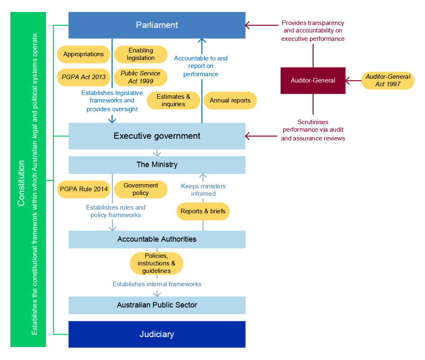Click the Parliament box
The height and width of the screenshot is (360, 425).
coord(157,25)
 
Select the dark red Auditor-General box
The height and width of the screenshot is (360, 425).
coord(313,80)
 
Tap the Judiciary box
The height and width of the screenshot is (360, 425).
coord(157,334)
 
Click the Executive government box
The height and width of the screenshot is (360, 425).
coord(157,136)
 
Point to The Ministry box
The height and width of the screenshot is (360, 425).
coord(157,165)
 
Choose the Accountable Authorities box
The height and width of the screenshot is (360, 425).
coord(157,239)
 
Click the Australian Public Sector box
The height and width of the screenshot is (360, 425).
coord(157,305)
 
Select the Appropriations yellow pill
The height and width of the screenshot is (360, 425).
coord(83,54)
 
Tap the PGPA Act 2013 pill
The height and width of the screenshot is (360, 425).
coord(83,77)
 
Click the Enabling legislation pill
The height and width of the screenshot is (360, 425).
coord(141,54)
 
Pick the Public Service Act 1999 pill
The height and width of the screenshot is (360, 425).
coord(141,77)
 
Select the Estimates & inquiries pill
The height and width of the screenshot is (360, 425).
coord(173,100)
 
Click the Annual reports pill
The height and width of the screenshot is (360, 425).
coord(230,100)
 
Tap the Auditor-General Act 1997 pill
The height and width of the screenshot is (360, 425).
coord(387,80)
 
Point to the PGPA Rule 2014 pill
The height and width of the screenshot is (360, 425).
coord(83,189)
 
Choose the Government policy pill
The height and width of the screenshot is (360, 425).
coord(141,189)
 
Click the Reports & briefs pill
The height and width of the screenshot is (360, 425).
coord(203,211)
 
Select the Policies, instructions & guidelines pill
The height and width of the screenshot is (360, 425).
coord(156,263)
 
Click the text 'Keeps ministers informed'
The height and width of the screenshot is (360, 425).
coord(203,190)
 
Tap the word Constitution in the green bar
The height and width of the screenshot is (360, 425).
coord(21,183)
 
